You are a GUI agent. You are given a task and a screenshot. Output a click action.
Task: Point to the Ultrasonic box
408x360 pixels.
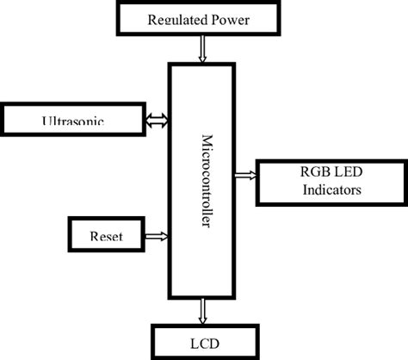73,119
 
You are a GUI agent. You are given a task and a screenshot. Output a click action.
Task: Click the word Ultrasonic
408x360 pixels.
73,122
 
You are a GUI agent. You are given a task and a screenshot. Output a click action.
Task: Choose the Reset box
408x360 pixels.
104,233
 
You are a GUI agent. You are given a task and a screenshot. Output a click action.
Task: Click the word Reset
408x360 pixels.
104,234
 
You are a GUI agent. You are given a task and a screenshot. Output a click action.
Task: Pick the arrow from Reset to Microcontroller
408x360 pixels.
158,234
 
